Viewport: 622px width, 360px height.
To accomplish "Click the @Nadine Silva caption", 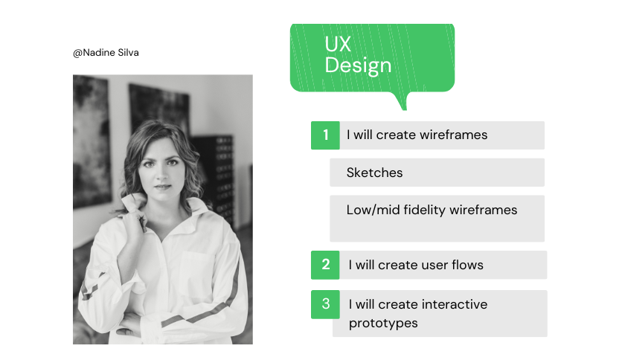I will click(105, 53).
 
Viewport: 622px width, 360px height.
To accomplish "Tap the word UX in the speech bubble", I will click(337, 45).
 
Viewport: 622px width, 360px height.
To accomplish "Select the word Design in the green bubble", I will click(358, 65).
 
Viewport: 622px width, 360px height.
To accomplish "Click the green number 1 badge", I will click(325, 135).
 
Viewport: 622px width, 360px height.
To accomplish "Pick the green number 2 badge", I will click(325, 265).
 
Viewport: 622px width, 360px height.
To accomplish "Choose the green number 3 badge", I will click(325, 303).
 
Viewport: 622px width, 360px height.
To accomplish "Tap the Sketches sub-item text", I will click(374, 173).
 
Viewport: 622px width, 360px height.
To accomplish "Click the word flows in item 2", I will click(466, 265).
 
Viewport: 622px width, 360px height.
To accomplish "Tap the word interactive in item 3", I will click(454, 304).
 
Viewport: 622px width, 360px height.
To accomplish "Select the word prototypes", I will click(383, 323).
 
